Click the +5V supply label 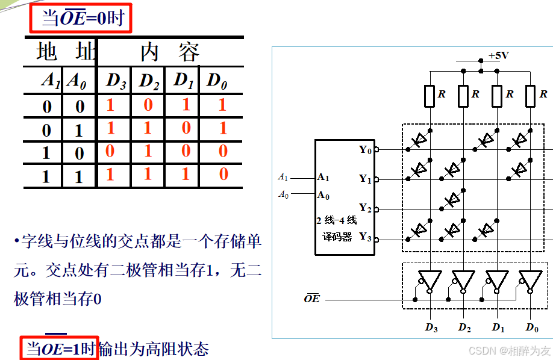pos(499,55)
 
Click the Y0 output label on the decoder pos(365,149)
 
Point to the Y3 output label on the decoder pos(365,237)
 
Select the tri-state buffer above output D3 pos(430,280)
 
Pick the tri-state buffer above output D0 pos(530,280)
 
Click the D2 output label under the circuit pos(464,327)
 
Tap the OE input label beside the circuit pos(312,298)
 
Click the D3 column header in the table pos(116,81)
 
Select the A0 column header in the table pos(77,81)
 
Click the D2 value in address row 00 pos(148,105)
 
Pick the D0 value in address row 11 pos(223,175)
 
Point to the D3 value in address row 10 pos(110,151)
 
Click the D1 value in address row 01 pos(186,128)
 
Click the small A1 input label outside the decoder pos(283,177)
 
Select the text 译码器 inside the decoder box pos(337,237)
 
